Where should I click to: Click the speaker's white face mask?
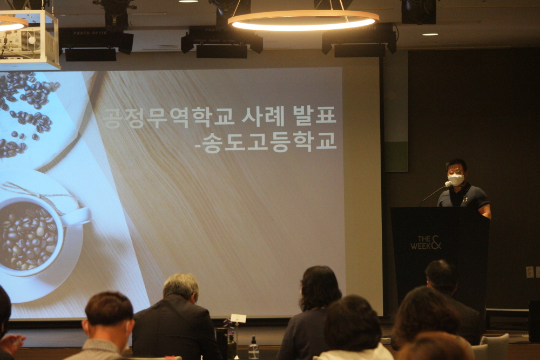[456, 179]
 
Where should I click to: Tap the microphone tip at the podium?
[448, 184]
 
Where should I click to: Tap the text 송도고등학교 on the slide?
[269, 142]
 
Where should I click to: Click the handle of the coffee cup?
[77, 217]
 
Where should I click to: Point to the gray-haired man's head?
[181, 288]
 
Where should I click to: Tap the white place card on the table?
[238, 318]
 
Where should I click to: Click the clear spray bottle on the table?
[254, 348]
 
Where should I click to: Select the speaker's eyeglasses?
[455, 172]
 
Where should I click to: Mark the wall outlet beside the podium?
[529, 272]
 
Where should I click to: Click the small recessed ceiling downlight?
[430, 35]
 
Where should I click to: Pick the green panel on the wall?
[396, 157]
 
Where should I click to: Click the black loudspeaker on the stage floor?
[534, 321]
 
